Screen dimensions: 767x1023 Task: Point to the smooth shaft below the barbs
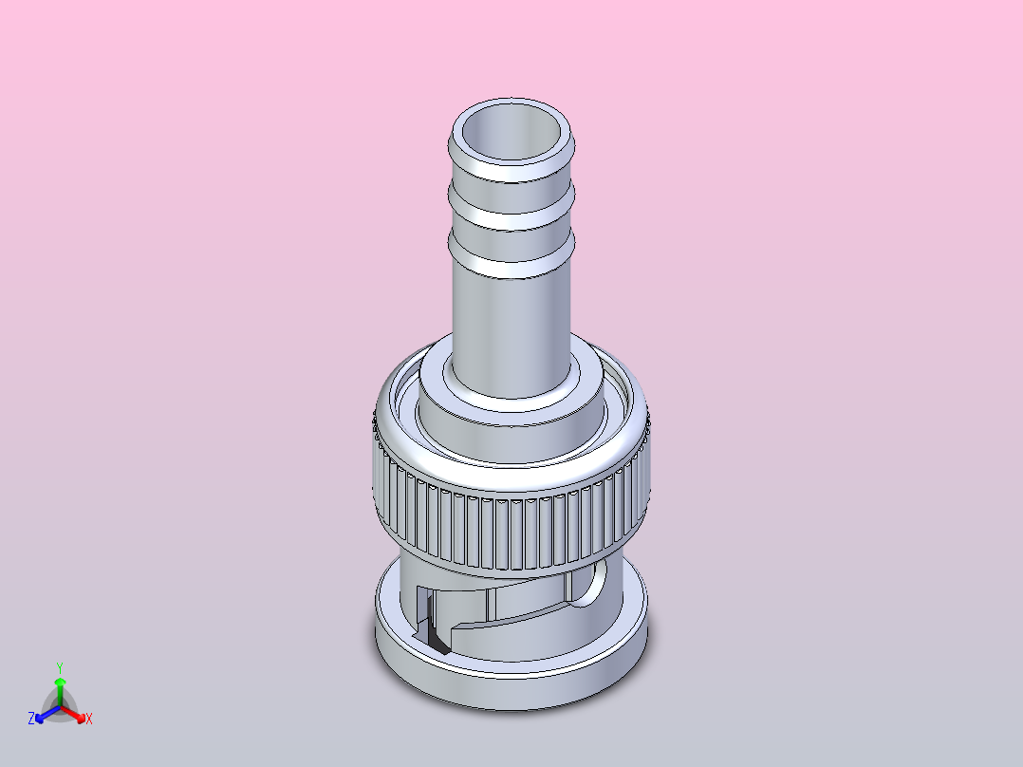coord(512,323)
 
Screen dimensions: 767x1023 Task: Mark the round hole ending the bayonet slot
coord(589,585)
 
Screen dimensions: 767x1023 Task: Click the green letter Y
coord(60,667)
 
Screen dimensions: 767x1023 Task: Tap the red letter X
coord(89,719)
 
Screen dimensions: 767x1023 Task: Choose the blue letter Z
coord(31,719)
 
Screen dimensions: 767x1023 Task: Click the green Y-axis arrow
coord(60,688)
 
